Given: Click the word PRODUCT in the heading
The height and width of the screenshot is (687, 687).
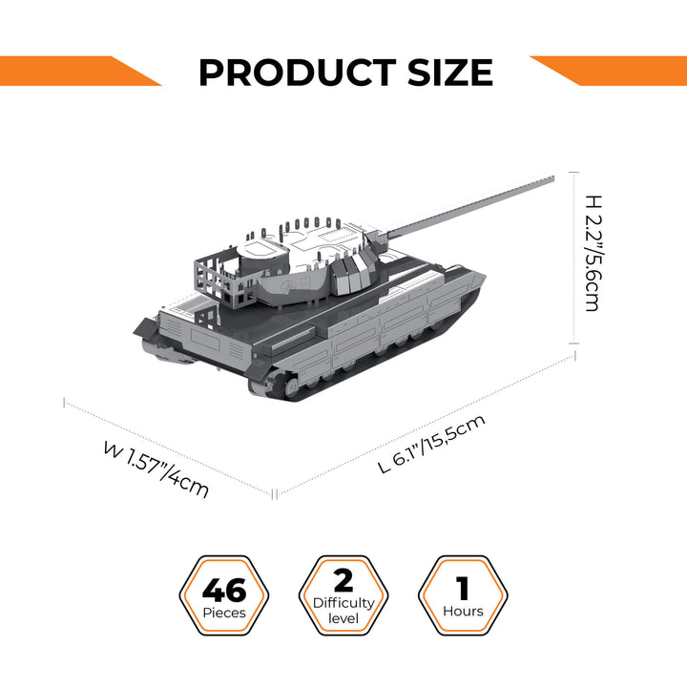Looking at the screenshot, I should (296, 73).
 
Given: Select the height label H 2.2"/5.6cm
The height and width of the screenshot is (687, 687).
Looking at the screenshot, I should (592, 253).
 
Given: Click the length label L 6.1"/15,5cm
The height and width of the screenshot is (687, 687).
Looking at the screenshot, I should (431, 444).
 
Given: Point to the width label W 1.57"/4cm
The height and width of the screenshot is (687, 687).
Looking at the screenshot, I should (156, 468).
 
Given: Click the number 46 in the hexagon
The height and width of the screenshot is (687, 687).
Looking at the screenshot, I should (224, 588).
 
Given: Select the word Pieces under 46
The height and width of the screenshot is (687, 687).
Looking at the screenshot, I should (224, 613).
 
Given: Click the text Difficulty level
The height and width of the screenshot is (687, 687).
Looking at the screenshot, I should (343, 611).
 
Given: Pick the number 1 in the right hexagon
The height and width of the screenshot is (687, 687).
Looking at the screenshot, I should (463, 586).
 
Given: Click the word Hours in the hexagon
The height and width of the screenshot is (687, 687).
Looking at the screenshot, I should (463, 612).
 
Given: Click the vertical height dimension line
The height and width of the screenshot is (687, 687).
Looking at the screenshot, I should (574, 258).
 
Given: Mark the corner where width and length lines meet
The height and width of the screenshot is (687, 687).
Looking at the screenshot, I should (276, 494).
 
